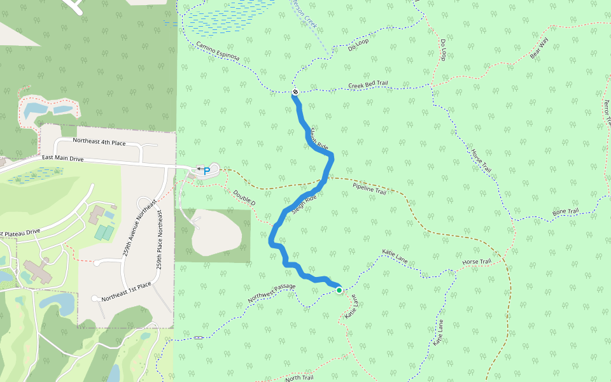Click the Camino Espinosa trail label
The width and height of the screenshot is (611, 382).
(x=218, y=52)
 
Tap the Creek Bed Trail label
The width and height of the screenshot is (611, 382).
(x=368, y=85)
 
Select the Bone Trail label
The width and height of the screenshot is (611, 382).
(x=565, y=212)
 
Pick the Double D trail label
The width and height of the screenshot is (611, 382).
(x=244, y=198)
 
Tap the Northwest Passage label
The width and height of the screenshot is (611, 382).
(x=272, y=292)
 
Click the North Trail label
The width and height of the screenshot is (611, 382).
(x=299, y=378)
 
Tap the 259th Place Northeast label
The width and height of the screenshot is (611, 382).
(x=159, y=239)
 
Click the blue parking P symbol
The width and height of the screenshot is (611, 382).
(x=207, y=171)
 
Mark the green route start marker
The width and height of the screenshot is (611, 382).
(x=339, y=290)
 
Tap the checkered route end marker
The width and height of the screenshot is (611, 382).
(x=295, y=93)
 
